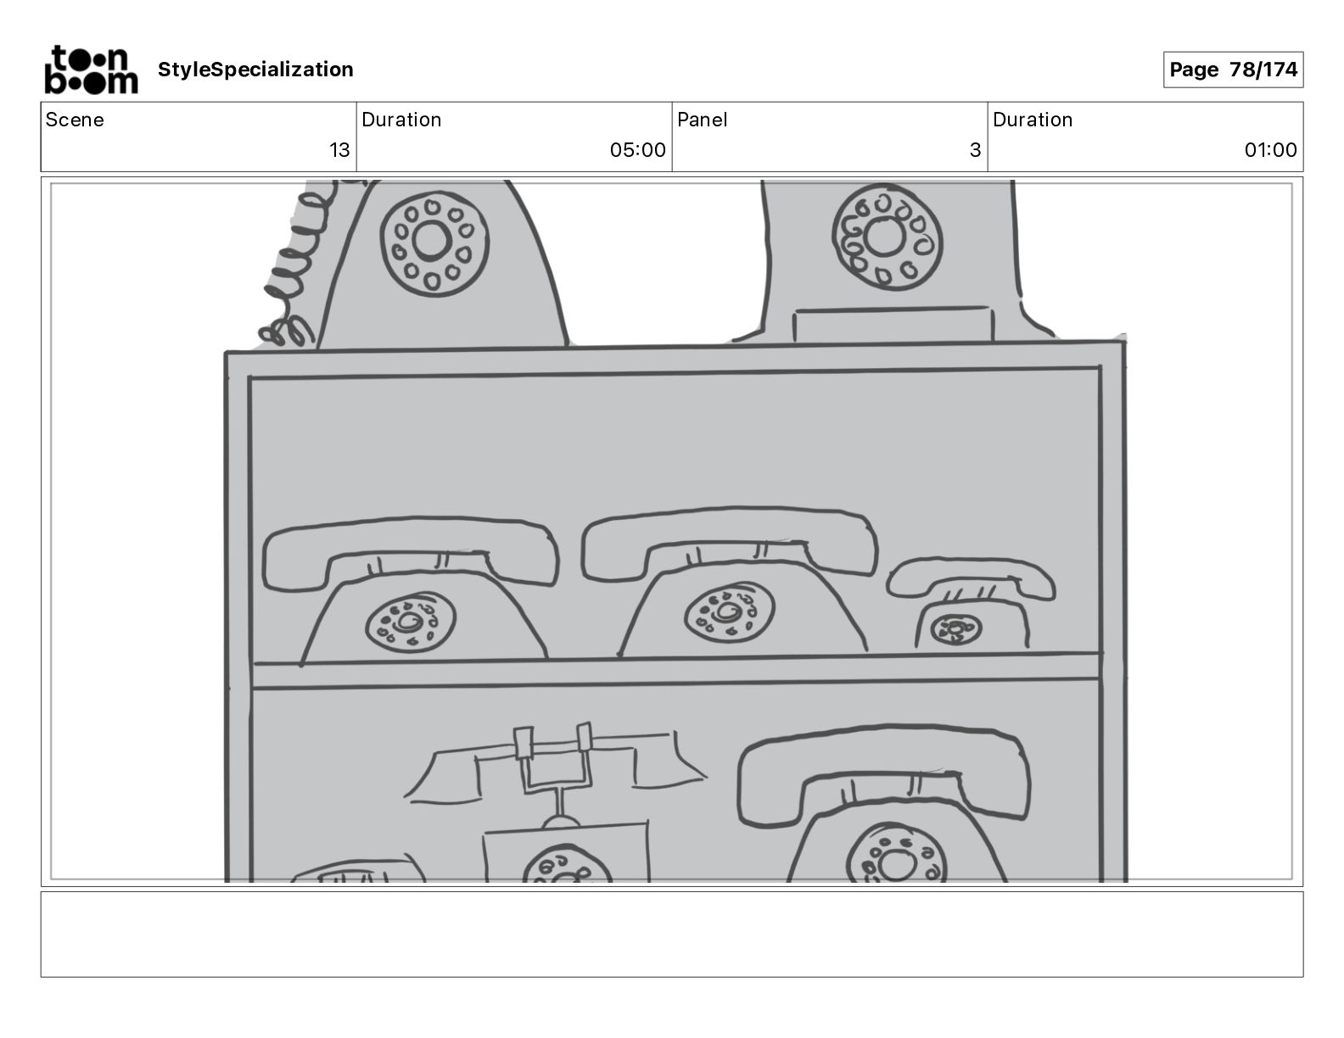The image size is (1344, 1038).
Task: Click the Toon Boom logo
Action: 91,70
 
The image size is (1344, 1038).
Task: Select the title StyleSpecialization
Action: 255,70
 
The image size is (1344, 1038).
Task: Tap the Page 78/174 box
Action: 1233,70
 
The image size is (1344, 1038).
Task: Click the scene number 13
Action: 339,149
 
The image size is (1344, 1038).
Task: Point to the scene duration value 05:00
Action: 638,149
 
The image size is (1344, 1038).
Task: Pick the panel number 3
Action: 976,149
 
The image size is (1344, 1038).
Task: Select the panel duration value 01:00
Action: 1270,149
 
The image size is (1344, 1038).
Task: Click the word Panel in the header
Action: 702,120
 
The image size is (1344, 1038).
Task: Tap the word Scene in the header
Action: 75,120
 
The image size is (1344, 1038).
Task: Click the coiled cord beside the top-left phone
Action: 297,265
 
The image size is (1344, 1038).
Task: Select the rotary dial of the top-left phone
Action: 434,243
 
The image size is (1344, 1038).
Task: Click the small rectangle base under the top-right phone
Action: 893,325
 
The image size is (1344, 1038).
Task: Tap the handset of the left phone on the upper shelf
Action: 411,551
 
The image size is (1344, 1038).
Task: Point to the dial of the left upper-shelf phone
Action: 411,622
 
